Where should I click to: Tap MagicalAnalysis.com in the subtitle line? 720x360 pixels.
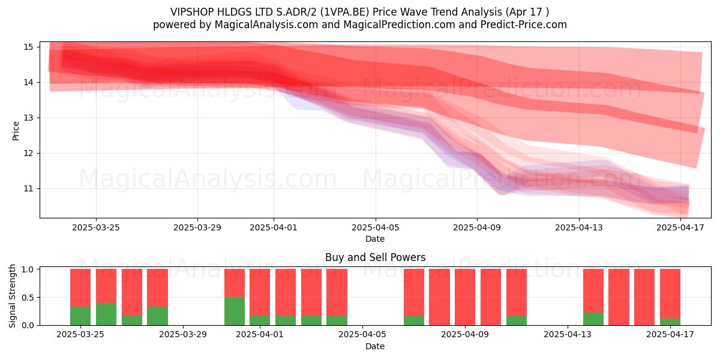coord(266,25)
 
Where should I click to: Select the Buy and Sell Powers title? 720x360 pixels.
coord(375,257)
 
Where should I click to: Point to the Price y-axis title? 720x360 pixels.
coord(16,131)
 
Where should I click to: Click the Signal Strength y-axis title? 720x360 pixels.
coord(12,296)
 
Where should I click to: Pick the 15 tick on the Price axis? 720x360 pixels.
coord(28,47)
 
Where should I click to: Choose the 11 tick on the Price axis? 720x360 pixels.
coord(28,188)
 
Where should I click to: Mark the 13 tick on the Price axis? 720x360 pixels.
coord(28,118)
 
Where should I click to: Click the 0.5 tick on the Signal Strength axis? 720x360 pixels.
coord(28,298)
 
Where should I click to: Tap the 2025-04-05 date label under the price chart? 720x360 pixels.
coord(376,227)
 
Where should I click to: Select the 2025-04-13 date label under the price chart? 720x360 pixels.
coord(579,227)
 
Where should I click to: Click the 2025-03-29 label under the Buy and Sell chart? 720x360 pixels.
coord(183,334)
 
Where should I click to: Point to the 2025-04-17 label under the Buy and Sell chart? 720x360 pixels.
coord(670,334)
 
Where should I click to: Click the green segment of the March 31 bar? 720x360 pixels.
coord(235,311)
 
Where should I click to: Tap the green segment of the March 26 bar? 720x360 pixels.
coord(106,314)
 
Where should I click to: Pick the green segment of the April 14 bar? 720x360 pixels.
coord(593,319)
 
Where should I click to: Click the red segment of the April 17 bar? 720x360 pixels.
coord(670,293)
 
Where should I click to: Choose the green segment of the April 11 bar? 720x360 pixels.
coord(517,320)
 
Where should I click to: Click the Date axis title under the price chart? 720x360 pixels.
coord(375,239)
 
